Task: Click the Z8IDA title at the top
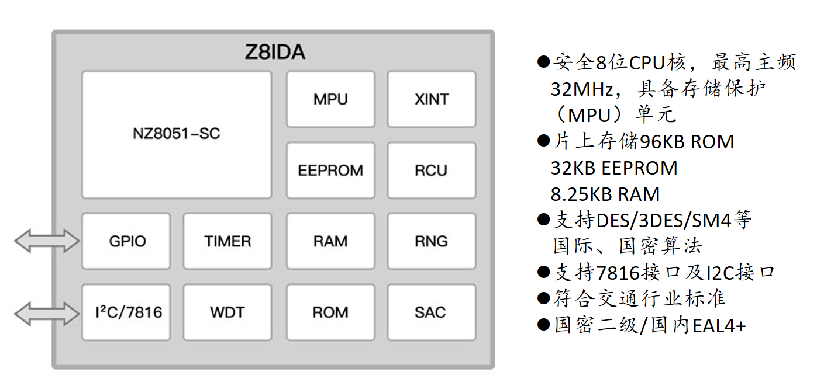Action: click(274, 53)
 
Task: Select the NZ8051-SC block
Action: click(176, 134)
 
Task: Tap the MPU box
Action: click(330, 99)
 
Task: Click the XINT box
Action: click(432, 99)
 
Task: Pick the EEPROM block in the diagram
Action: click(330, 171)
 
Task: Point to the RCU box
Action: click(432, 171)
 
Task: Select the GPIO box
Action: click(126, 241)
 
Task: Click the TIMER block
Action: click(227, 241)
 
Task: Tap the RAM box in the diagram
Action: click(330, 241)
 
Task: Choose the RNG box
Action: click(432, 241)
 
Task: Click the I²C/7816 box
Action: click(126, 312)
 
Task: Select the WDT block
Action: click(227, 312)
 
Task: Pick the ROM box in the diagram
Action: click(330, 312)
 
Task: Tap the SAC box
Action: click(432, 312)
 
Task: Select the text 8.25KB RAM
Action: click(605, 194)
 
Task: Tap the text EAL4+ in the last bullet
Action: click(719, 325)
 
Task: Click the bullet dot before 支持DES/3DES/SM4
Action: click(544, 220)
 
